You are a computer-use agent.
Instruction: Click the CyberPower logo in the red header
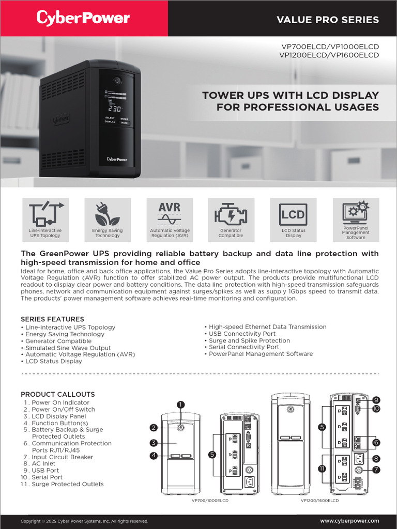click(83, 18)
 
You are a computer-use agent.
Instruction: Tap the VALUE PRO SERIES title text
click(328, 20)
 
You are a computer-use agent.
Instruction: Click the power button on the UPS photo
click(117, 81)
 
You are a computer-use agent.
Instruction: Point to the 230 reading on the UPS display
click(115, 109)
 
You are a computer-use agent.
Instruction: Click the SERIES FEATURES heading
click(52, 319)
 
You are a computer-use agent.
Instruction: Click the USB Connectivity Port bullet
click(242, 334)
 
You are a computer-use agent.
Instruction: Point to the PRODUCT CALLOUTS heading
click(58, 394)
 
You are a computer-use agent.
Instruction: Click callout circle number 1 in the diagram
click(180, 404)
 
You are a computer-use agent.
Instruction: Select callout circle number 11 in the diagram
click(322, 468)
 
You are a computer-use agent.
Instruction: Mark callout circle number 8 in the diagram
click(376, 458)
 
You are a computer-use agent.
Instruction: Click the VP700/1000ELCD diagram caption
click(210, 501)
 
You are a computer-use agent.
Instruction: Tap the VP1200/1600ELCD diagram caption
click(319, 501)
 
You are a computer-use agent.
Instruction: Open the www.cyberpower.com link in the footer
click(349, 521)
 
